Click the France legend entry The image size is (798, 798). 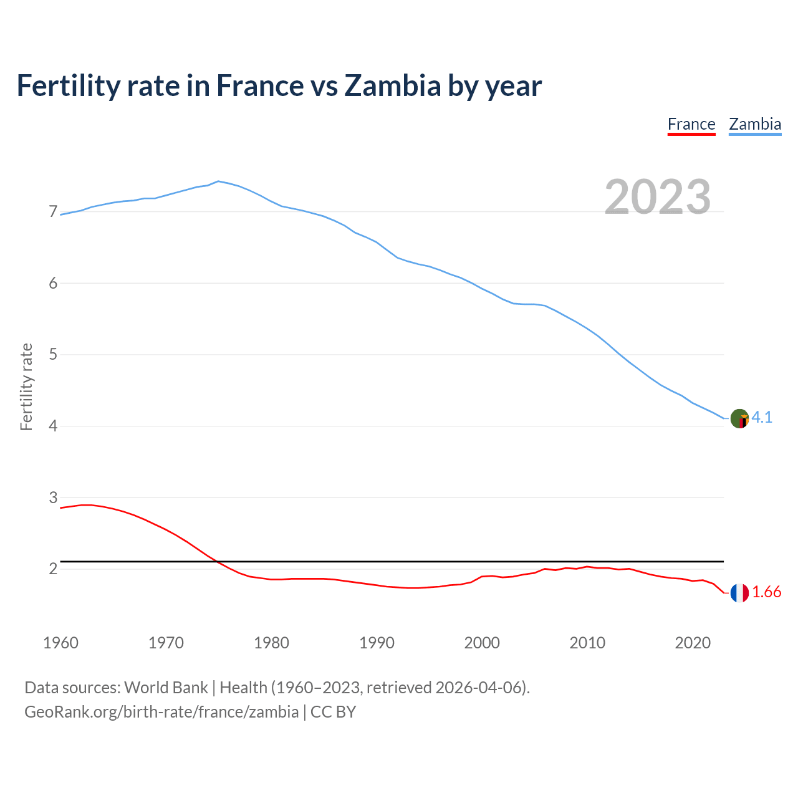[691, 124]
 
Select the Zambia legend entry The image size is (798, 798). [755, 124]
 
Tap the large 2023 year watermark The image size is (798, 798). [658, 197]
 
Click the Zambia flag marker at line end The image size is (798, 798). [739, 418]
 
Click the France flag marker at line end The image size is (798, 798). [739, 593]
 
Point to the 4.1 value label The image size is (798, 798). [762, 418]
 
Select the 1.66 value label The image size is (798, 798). [766, 592]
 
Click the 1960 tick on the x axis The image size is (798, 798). [60, 643]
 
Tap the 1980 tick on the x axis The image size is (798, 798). [271, 643]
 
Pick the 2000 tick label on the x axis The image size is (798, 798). [482, 643]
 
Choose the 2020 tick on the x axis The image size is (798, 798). [693, 643]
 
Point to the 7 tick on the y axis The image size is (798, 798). [53, 212]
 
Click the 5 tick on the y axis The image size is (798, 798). [53, 355]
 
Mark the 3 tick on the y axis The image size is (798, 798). [53, 498]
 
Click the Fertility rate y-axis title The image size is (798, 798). [26, 387]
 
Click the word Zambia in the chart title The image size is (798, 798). [393, 85]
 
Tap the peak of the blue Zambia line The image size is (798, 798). [218, 181]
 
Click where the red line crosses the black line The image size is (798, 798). [217, 562]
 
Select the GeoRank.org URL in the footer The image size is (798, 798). [161, 712]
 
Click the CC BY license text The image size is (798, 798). [333, 712]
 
